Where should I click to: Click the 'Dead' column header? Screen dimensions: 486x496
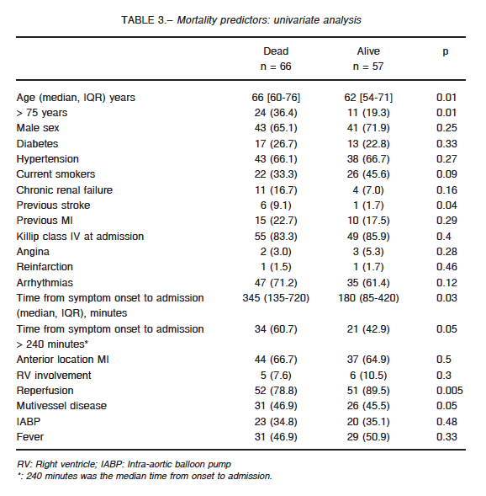coord(276,51)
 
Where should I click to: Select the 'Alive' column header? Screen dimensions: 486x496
coord(368,51)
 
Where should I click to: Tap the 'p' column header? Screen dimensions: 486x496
coord(446,52)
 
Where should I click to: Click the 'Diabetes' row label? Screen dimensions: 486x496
coord(37,144)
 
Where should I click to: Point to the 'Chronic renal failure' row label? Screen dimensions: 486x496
coord(65,189)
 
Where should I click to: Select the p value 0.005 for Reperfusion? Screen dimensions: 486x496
coord(449,391)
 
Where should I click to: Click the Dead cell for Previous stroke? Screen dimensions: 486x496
coord(276,205)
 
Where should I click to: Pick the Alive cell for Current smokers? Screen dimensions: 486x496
coord(368,174)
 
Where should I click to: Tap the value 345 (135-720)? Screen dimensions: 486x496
coord(276,298)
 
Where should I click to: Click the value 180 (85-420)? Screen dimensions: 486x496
coord(368,298)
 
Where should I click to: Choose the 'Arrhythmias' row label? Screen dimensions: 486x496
coord(45,282)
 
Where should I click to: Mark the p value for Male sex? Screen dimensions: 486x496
coord(446,128)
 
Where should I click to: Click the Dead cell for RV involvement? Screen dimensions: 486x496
coord(276,376)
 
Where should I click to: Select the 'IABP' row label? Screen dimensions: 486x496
coord(29,421)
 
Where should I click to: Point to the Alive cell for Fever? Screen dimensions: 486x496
coord(368,437)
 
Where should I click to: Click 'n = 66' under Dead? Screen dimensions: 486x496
coord(276,67)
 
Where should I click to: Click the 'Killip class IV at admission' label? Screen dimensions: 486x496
coord(80,237)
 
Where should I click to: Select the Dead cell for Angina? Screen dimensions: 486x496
coord(276,252)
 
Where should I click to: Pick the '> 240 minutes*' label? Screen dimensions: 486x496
coord(52,344)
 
